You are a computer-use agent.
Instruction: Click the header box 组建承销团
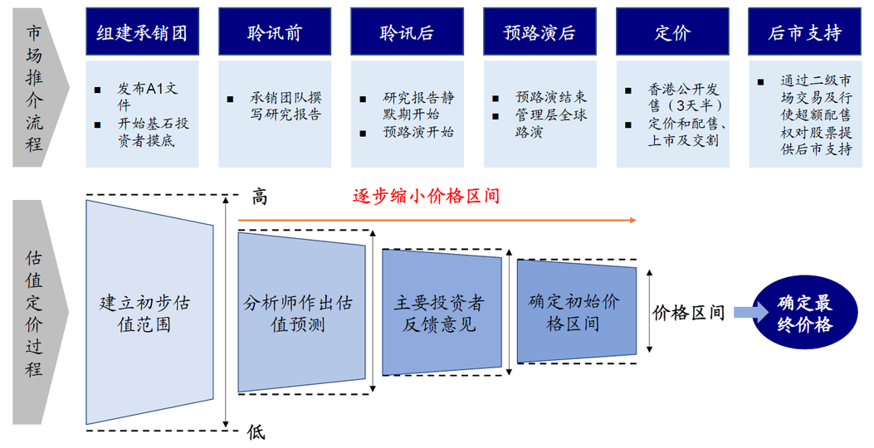(x=142, y=32)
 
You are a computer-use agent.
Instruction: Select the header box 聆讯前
(x=274, y=32)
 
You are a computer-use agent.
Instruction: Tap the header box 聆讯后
(x=407, y=32)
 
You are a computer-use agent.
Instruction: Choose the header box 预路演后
(x=540, y=32)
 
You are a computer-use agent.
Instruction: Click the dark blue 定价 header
(x=672, y=32)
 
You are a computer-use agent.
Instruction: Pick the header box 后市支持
(x=804, y=32)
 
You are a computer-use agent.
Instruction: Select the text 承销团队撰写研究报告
(x=285, y=105)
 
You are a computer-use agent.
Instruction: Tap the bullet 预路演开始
(x=417, y=132)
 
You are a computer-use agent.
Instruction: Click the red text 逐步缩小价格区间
(x=426, y=197)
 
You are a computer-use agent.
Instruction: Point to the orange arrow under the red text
(x=437, y=221)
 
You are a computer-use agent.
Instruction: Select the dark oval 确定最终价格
(x=804, y=314)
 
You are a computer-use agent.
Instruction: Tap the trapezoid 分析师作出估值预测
(x=301, y=312)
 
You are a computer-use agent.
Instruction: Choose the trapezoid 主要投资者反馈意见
(x=440, y=312)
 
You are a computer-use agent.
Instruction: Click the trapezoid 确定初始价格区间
(x=575, y=311)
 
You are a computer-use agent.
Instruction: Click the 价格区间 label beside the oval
(x=689, y=313)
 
